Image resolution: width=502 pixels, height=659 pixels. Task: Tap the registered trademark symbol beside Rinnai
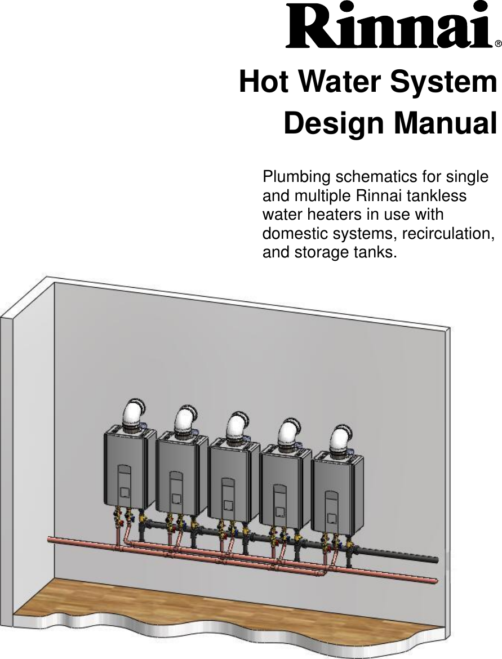[498, 43]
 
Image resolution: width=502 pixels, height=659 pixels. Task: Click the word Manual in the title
[445, 123]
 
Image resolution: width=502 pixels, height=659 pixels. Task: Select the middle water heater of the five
[233, 479]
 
